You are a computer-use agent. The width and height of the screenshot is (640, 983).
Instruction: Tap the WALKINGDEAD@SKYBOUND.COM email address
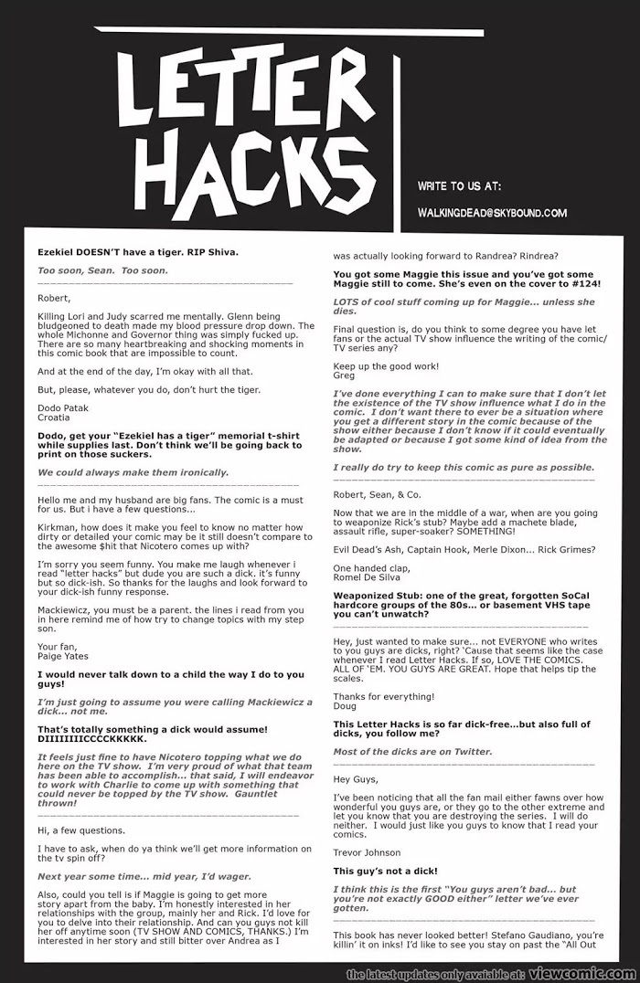[492, 214]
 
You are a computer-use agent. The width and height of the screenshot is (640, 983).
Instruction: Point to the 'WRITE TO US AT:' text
[459, 186]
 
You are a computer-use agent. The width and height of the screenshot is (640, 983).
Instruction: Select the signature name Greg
[344, 375]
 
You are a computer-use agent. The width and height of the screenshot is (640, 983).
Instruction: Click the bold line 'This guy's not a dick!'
[385, 871]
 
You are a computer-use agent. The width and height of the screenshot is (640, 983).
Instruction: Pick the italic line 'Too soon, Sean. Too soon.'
[102, 270]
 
